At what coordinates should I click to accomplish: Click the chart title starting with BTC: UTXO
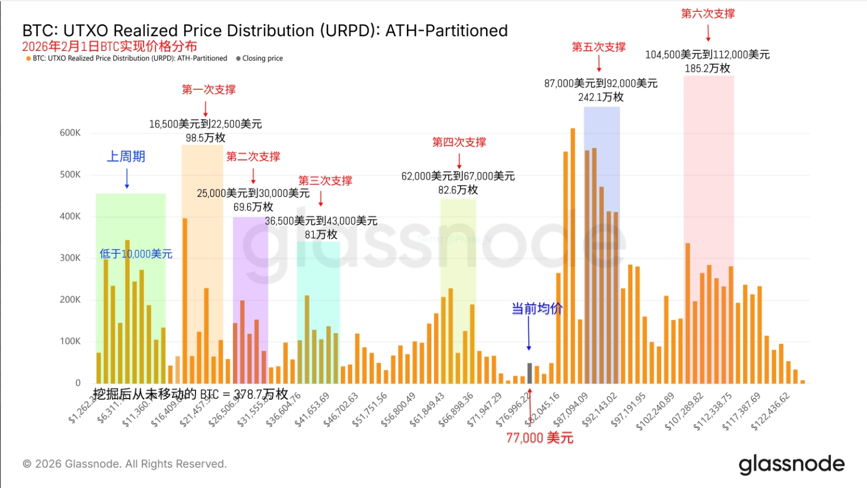click(265, 31)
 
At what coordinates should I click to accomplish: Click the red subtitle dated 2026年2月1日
click(110, 46)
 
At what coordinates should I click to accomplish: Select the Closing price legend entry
click(260, 58)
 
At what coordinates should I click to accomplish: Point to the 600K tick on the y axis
click(70, 133)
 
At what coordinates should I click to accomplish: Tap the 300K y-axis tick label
click(70, 258)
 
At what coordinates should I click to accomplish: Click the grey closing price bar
click(530, 373)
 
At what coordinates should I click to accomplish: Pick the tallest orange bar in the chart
click(573, 254)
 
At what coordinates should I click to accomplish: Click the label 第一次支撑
click(209, 89)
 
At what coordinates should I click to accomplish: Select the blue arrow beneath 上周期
click(127, 178)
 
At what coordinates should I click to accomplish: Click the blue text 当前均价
click(536, 309)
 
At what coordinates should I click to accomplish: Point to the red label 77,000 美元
click(540, 438)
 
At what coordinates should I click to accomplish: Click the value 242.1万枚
click(601, 97)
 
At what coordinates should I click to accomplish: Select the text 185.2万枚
click(708, 68)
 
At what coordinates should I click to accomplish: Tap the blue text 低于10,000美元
click(136, 254)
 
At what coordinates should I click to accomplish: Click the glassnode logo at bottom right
click(791, 464)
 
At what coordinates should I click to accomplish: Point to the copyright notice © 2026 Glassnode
click(125, 464)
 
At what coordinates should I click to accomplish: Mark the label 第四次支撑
click(459, 142)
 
